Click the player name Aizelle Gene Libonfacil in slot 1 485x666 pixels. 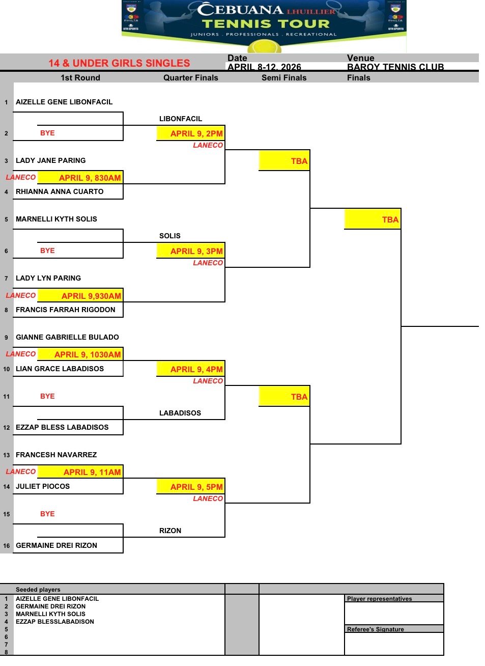point(64,102)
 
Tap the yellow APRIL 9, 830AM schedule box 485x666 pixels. point(80,178)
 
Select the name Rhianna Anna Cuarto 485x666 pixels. point(60,191)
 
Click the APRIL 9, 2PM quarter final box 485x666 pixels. point(191,133)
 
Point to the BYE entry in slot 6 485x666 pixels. point(47,251)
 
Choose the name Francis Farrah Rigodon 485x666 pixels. point(65,310)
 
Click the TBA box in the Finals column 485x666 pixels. point(373,219)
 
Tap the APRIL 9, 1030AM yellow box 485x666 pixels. point(80,354)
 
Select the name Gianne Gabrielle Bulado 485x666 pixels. point(67,337)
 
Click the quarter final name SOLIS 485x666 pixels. point(169,236)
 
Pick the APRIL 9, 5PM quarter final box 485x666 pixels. point(191,487)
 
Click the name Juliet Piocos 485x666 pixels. point(43,486)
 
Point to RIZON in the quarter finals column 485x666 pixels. point(170,531)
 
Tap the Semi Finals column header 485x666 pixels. point(284,78)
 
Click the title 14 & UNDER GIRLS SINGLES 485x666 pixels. point(119,63)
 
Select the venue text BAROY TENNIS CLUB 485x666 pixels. point(395,67)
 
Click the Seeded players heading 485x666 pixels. point(38,589)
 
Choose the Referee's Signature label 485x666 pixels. point(376,629)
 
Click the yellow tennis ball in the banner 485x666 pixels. point(264,47)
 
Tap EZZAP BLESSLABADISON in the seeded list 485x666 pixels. point(55,622)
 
